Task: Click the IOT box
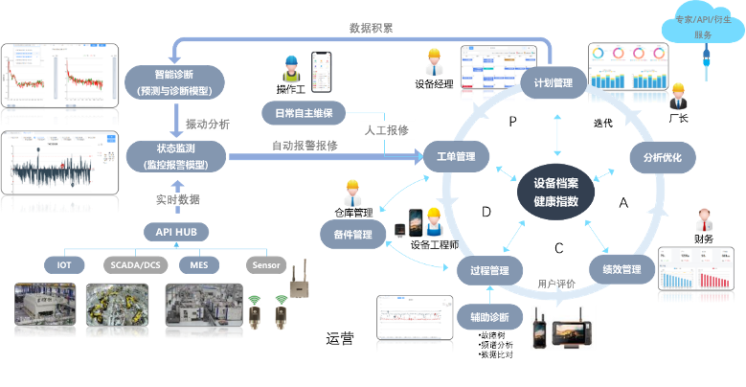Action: (x=64, y=264)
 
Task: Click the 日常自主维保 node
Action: (x=303, y=113)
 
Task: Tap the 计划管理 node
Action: (x=554, y=83)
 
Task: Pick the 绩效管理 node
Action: (x=615, y=269)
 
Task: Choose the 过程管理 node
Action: (x=489, y=269)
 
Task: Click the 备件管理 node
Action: (x=351, y=234)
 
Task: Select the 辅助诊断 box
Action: (x=489, y=317)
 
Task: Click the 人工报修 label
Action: (x=383, y=129)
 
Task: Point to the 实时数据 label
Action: (x=178, y=199)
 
